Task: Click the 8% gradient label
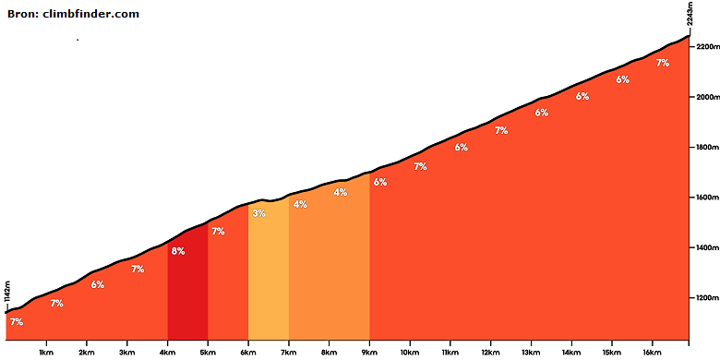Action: pos(178,251)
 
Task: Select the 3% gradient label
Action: pos(259,213)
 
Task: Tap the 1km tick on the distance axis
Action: pos(46,353)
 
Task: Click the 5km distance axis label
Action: pos(208,353)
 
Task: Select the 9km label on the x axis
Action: pos(369,353)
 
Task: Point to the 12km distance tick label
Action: pos(491,353)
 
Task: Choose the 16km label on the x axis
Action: pos(653,353)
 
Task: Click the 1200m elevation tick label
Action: pos(707,298)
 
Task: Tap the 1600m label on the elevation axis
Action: pos(707,198)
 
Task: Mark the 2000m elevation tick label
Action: pos(707,97)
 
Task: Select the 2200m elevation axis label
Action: pos(707,47)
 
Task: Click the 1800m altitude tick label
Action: pos(707,148)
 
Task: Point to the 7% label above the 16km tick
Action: pos(663,64)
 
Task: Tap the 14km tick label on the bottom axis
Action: pos(571,353)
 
